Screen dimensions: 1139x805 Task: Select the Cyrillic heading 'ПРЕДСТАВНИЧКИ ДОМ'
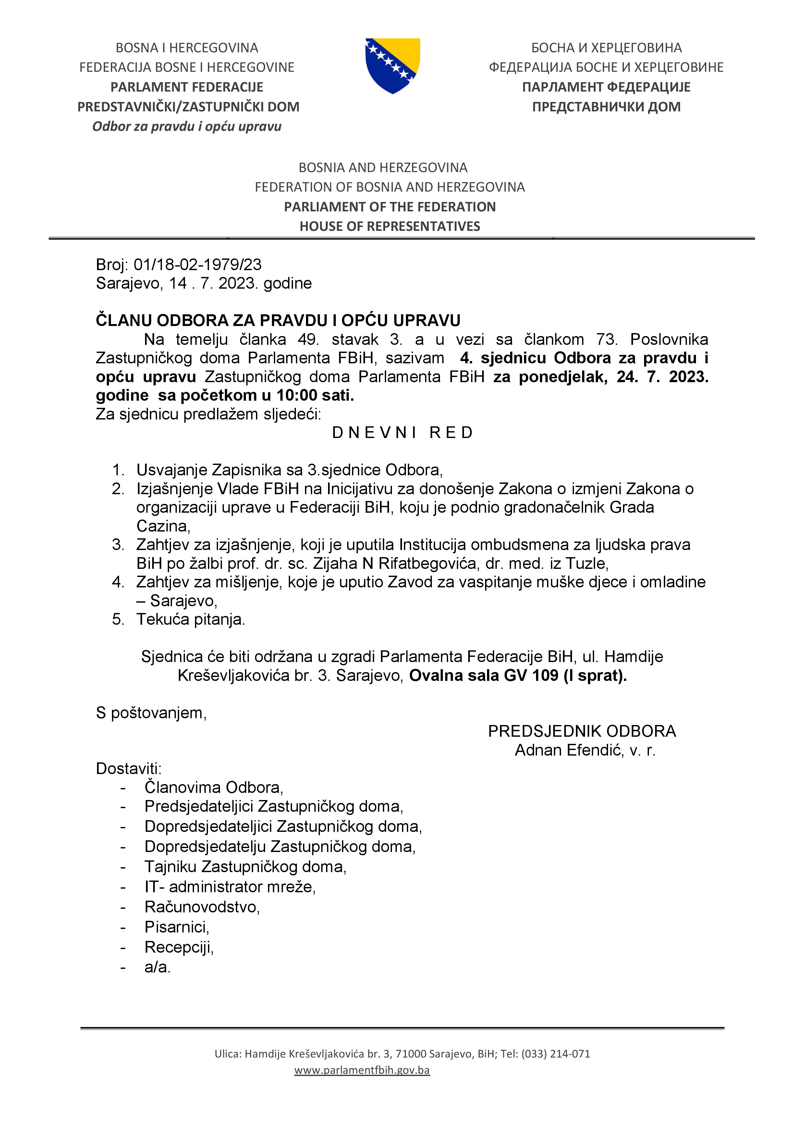(606, 106)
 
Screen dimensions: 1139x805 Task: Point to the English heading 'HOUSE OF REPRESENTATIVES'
(390, 226)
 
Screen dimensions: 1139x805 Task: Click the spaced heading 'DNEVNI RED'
(402, 432)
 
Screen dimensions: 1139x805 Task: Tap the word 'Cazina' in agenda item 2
(162, 526)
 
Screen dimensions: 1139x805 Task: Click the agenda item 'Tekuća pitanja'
(190, 619)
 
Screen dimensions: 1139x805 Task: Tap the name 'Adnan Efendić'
(568, 750)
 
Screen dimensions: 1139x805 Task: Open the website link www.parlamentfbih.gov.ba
(362, 1070)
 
